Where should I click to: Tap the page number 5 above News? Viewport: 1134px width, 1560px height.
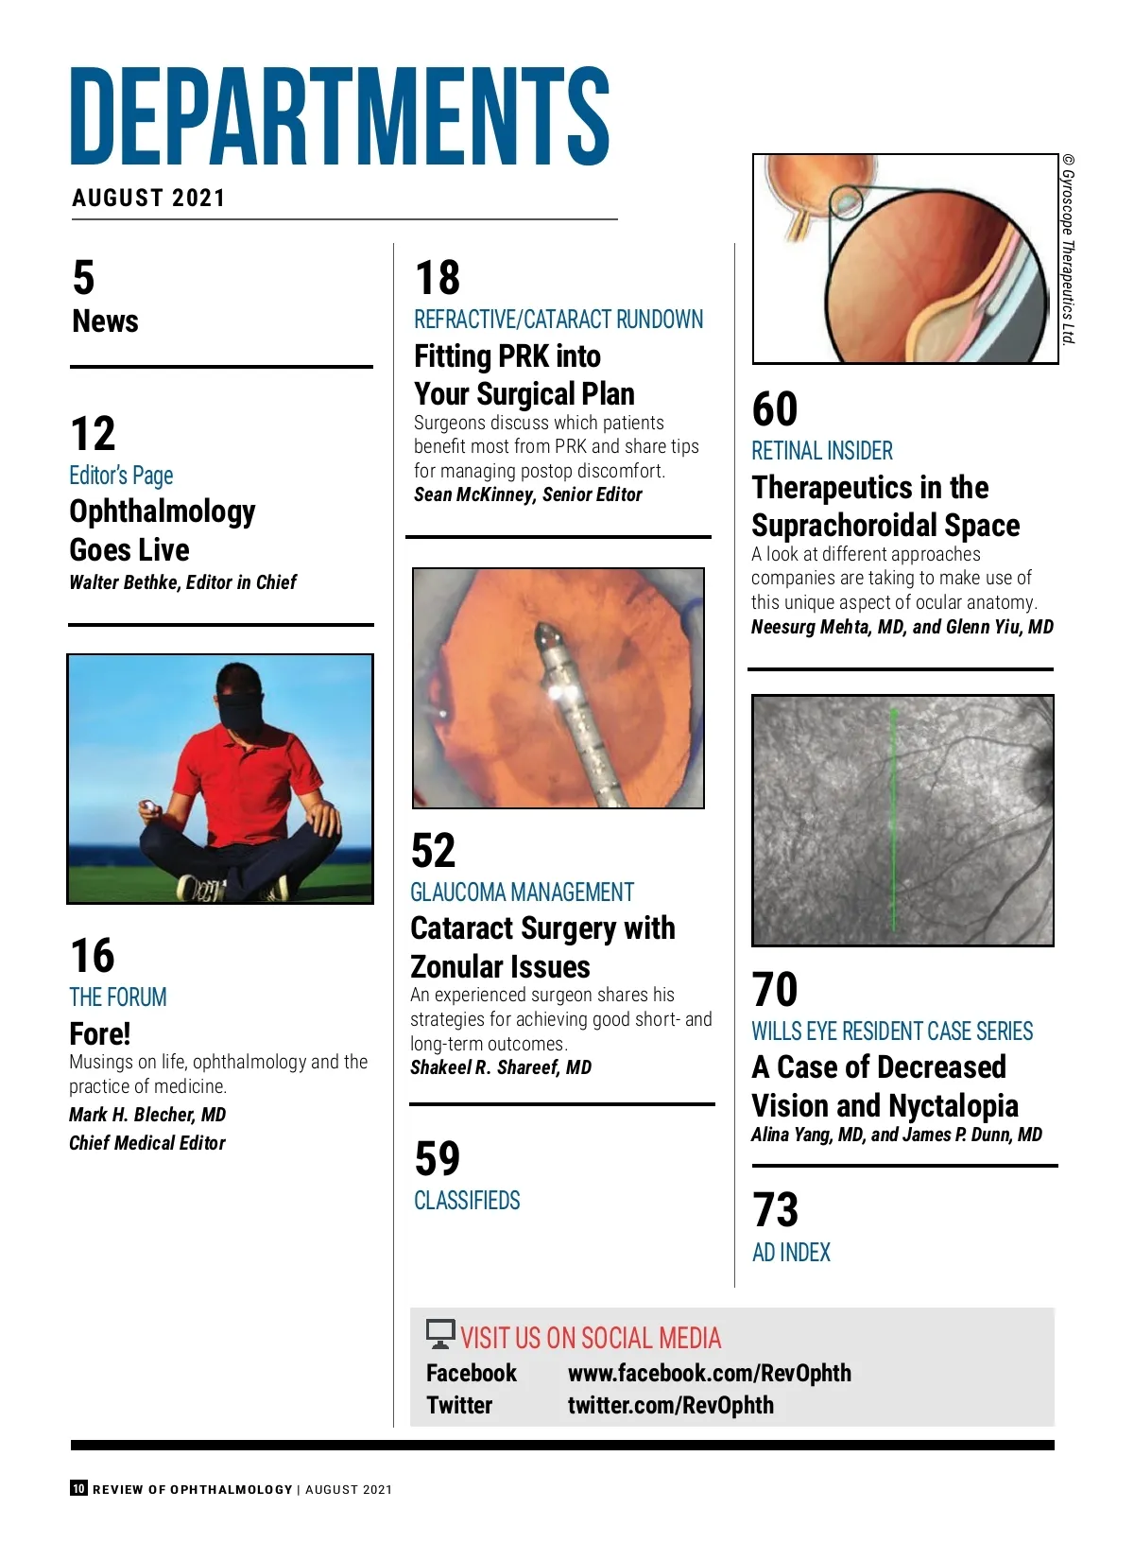coord(84,278)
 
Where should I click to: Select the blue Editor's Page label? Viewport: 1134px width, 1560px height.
coord(121,475)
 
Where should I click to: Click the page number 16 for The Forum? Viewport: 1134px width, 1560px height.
coord(93,955)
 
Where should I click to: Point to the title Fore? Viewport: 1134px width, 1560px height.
coord(100,1033)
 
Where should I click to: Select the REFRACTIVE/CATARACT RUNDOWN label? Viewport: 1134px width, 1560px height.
coord(558,320)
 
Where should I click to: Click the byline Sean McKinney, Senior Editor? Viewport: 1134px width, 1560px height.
coord(527,494)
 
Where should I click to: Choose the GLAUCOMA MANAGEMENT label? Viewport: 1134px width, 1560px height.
coord(522,892)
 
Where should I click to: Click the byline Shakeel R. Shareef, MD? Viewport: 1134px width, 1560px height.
coord(501,1067)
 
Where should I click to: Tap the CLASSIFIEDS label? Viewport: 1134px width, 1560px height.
coord(467,1201)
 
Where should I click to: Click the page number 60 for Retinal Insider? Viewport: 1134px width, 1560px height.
coord(775,409)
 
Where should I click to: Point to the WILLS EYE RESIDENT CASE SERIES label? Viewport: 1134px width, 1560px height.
coord(892,1031)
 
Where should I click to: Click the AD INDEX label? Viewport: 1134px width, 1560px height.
coord(791,1253)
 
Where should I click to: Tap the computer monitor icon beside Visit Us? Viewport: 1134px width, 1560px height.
coord(440,1334)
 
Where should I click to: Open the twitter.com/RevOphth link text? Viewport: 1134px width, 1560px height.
coord(670,1405)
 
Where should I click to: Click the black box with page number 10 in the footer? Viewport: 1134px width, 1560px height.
coord(78,1488)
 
